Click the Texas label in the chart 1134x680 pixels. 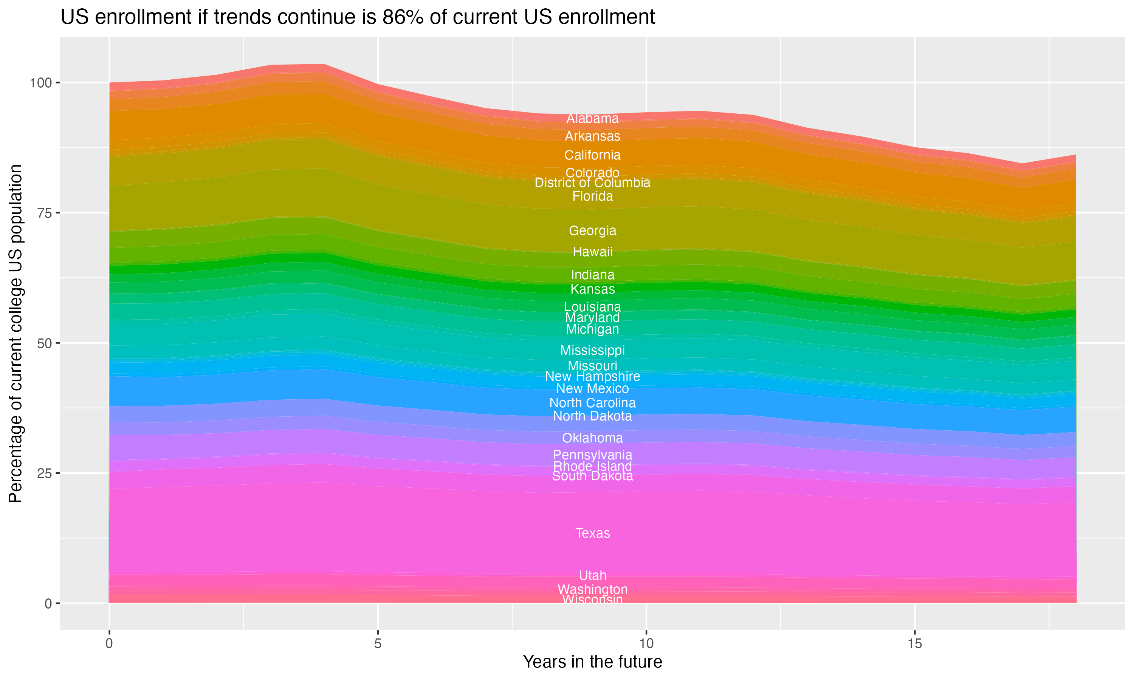pos(592,533)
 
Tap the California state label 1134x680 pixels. pos(592,155)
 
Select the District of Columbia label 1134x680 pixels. pos(592,183)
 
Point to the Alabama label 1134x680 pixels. pos(592,119)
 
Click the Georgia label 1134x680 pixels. pos(592,230)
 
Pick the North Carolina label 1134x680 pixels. pos(592,403)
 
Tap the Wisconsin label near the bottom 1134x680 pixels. pos(592,600)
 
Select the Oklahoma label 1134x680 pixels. pos(592,438)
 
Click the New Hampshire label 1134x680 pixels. pos(592,377)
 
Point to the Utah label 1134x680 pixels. pos(592,575)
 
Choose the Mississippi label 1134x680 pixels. pos(592,351)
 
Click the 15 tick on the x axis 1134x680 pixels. pos(914,644)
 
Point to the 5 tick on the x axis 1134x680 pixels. pos(378,644)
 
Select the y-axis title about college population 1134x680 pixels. pos(15,334)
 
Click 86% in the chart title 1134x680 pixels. pos(403,17)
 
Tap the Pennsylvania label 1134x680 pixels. pos(592,455)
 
